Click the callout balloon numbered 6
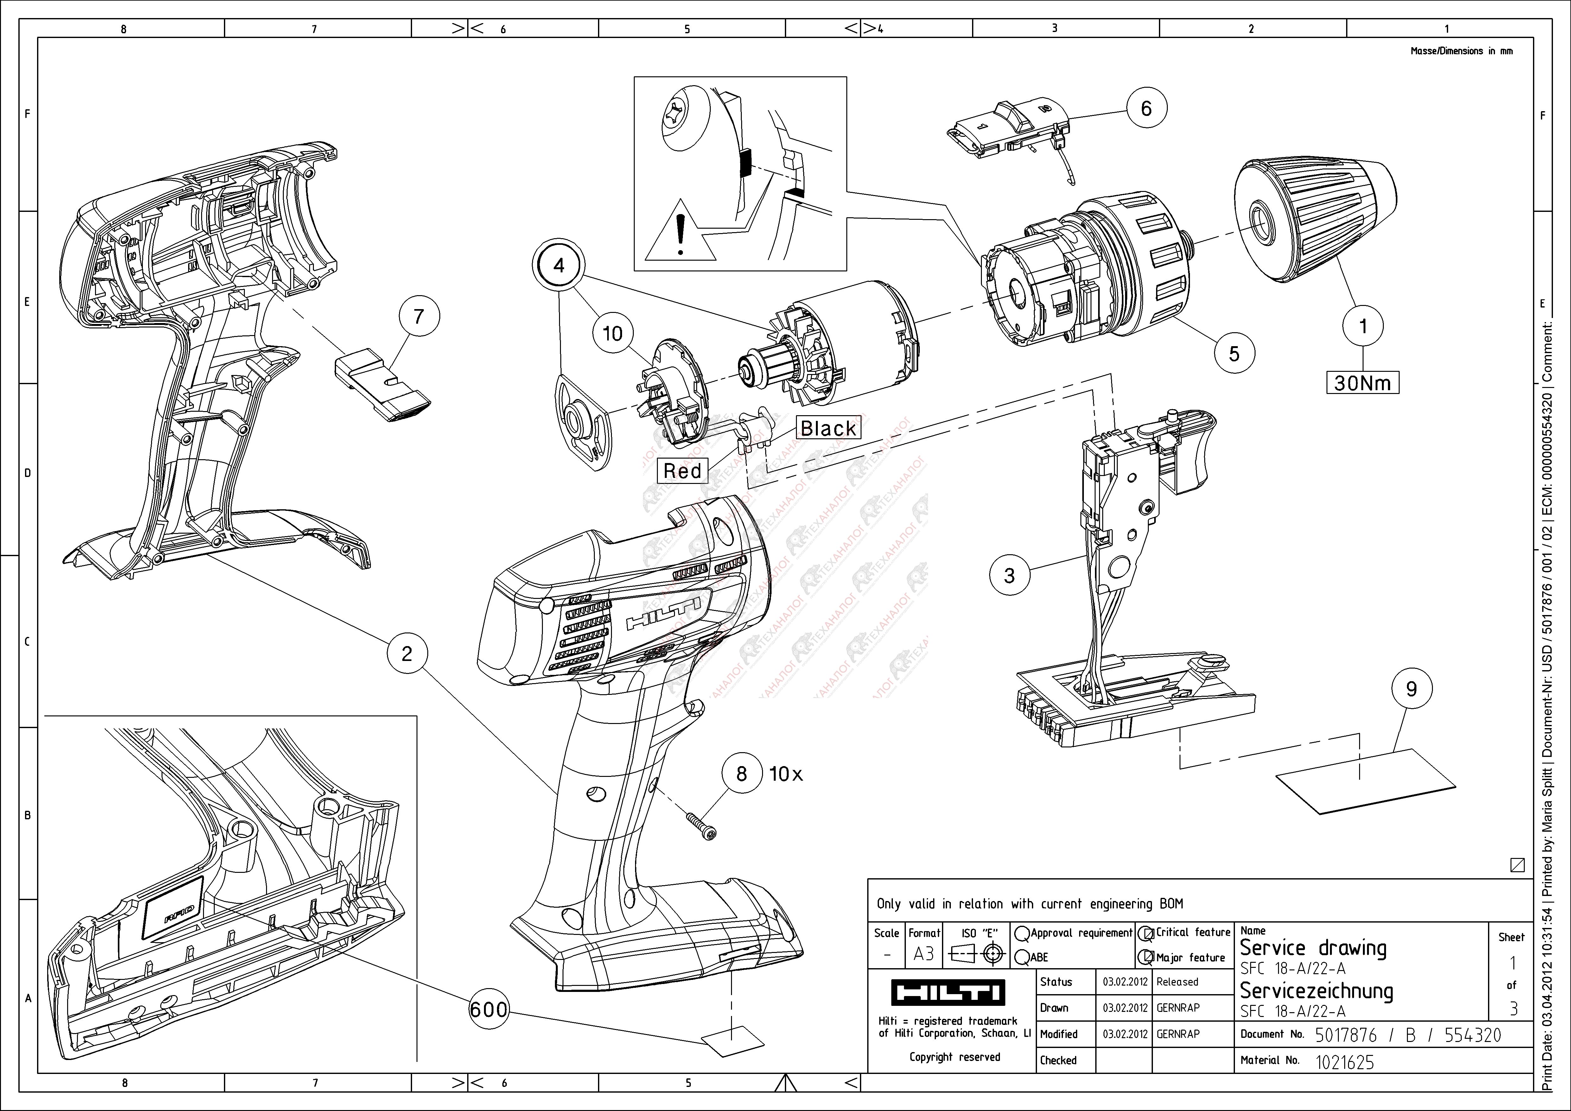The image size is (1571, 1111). pyautogui.click(x=1146, y=108)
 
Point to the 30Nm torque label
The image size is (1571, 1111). pyautogui.click(x=1362, y=382)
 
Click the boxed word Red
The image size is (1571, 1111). pyautogui.click(x=682, y=471)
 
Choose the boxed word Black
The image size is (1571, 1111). pyautogui.click(x=828, y=428)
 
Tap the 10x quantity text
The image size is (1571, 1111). pyautogui.click(x=785, y=774)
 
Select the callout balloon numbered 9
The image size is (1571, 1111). pyautogui.click(x=1411, y=689)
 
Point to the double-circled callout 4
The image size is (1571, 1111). pyautogui.click(x=559, y=265)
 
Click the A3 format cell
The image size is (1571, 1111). pyautogui.click(x=924, y=954)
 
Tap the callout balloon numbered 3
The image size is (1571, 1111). pyautogui.click(x=1009, y=575)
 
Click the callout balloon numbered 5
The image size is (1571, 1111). pyautogui.click(x=1234, y=354)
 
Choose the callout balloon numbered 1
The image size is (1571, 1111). pyautogui.click(x=1362, y=326)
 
